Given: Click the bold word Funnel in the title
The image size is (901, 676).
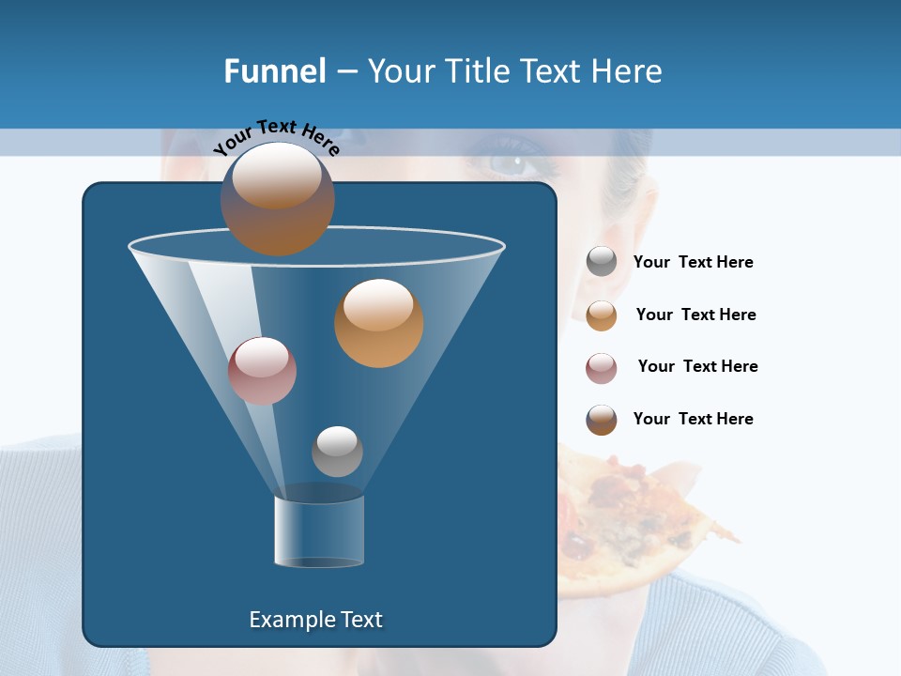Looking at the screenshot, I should (275, 70).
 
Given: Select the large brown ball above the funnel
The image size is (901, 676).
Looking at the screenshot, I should (278, 198).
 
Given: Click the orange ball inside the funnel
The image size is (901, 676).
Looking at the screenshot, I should (378, 322).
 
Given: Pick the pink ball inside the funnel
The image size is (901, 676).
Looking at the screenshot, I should (262, 371).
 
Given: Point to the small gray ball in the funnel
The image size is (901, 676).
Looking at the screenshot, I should (337, 452).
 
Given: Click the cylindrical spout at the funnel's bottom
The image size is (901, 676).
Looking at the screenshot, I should (319, 531).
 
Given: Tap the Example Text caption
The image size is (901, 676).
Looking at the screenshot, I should (316, 620).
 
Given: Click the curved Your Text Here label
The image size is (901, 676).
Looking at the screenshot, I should (277, 137).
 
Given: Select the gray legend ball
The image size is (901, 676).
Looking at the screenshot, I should (602, 262).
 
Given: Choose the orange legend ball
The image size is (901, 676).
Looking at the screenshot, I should (602, 315).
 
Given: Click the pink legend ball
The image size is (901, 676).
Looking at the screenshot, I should (602, 368).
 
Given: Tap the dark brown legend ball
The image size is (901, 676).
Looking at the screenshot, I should (602, 420).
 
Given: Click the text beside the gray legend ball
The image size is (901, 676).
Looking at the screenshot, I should (694, 263).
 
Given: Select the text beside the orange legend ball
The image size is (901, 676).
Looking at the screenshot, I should (695, 315).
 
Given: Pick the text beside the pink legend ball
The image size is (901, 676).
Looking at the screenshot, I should (697, 367).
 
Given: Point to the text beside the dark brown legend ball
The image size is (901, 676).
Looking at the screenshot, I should (694, 419).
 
